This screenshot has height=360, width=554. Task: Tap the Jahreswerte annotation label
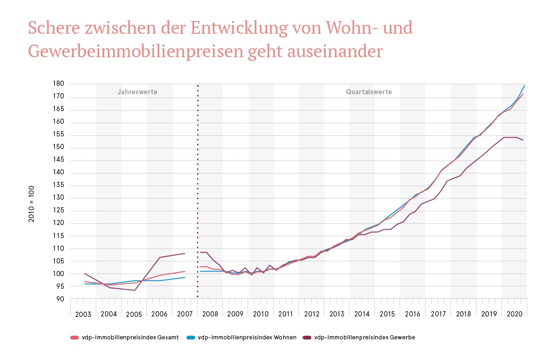coord(137,92)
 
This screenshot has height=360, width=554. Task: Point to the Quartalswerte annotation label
coord(369,92)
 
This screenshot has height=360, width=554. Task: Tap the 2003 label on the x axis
coord(83,314)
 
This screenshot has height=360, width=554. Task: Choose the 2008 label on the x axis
coord(210,314)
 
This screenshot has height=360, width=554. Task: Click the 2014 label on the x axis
coord(362,314)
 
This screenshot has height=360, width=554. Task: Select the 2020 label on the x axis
coord(514,314)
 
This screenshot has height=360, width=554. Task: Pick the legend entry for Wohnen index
coord(246,337)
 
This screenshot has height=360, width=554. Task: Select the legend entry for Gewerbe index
coord(364,337)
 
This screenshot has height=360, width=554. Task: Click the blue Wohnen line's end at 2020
coord(524,86)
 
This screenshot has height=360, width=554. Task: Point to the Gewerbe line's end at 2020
coord(524,140)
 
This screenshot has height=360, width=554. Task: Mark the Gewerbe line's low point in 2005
coord(135,290)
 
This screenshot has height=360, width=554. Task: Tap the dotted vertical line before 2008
coord(197,187)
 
